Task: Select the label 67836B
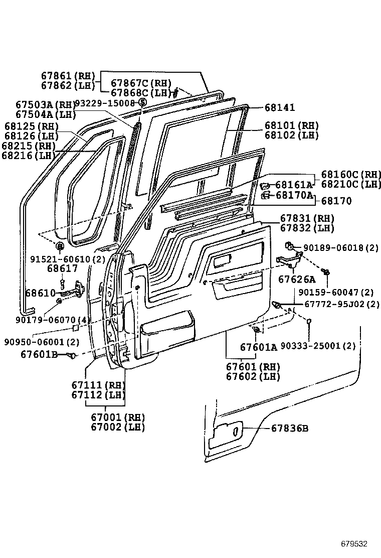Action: (290, 428)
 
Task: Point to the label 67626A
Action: (297, 280)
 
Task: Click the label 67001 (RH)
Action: (117, 417)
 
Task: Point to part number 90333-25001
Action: (318, 346)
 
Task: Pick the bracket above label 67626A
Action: (288, 260)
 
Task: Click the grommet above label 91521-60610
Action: (59, 246)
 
